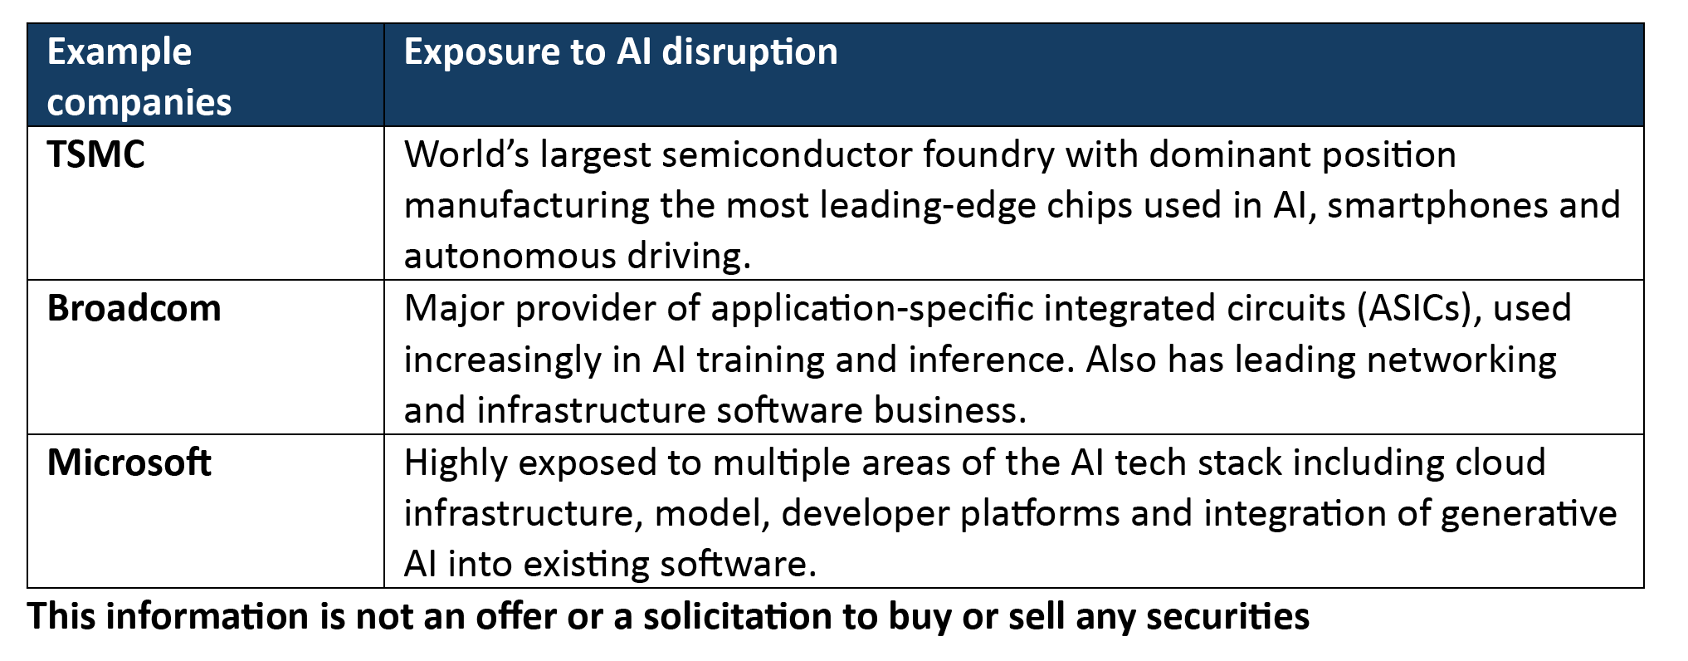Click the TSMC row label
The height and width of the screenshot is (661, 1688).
click(95, 154)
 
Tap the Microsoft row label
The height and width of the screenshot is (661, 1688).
click(129, 463)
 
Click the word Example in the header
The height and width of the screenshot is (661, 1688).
click(120, 52)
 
